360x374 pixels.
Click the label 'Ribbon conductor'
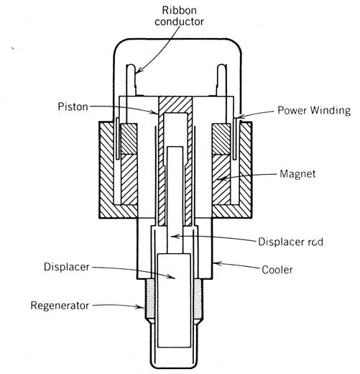point(179,16)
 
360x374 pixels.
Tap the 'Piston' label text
point(73,106)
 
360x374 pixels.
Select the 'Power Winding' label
point(314,111)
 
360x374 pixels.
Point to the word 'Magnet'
point(297,174)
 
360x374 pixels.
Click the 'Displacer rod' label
point(290,242)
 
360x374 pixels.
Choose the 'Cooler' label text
point(277,270)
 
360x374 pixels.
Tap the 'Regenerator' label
point(60,306)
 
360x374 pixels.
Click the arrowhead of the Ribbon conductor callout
point(138,71)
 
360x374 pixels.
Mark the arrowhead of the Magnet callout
point(220,178)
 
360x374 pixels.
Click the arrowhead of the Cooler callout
point(215,263)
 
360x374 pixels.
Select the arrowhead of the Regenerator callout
point(142,306)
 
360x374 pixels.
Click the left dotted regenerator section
point(150,299)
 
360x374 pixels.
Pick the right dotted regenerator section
point(198,299)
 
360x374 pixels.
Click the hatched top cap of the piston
point(175,104)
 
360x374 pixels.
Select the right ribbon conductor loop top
point(221,66)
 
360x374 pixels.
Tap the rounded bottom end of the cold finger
point(174,366)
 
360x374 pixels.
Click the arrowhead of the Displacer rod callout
point(173,237)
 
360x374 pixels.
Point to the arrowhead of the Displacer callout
point(173,278)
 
